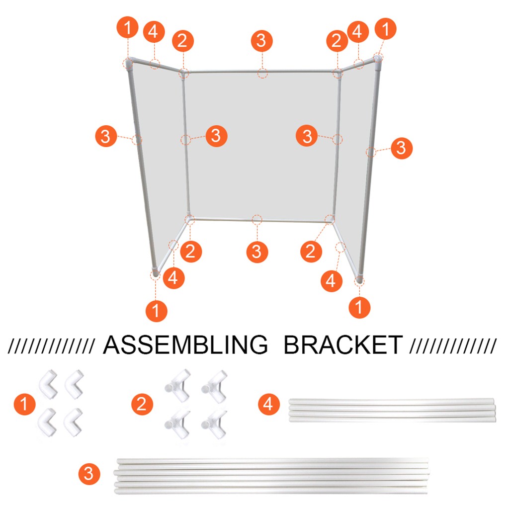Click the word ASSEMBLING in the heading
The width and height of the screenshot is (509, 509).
185,345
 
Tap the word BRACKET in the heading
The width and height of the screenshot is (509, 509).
342,345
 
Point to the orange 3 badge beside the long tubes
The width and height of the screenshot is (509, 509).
88,474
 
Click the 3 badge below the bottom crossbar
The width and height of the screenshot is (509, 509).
256,251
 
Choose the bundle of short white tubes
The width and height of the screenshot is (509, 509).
392,410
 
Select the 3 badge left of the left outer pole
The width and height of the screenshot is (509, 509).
105,136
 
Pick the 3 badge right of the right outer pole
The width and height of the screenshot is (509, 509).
401,148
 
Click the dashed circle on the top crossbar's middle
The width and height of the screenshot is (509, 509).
262,74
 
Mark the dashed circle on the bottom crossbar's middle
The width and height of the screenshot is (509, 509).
256,219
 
